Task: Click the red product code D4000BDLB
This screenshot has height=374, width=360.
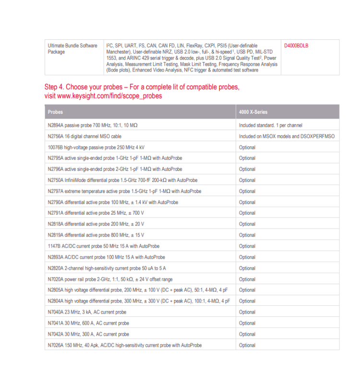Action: [296, 46]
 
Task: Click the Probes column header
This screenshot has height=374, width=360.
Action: [55, 112]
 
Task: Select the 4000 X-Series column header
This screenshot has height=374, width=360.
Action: [253, 112]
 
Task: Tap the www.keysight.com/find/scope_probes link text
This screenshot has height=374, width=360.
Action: [103, 96]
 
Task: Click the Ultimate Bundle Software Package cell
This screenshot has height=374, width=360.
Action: [72, 48]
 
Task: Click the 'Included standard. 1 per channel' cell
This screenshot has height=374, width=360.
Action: [271, 125]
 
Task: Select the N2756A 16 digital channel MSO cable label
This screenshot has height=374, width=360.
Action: [84, 136]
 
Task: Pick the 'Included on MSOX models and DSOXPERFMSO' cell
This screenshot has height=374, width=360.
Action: [287, 136]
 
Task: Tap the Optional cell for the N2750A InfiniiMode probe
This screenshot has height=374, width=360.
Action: [247, 180]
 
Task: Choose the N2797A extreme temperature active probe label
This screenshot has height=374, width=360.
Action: [124, 191]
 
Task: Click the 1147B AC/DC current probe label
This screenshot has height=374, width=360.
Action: [103, 246]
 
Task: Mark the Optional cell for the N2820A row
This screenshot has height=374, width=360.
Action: [247, 268]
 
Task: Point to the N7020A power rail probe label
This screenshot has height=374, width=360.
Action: [110, 279]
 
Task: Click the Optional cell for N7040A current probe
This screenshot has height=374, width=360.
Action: [247, 312]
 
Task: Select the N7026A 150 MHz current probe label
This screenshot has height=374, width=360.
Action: [124, 345]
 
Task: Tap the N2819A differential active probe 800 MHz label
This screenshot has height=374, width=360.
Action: [96, 235]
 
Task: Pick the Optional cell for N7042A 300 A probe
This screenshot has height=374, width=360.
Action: [247, 334]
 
